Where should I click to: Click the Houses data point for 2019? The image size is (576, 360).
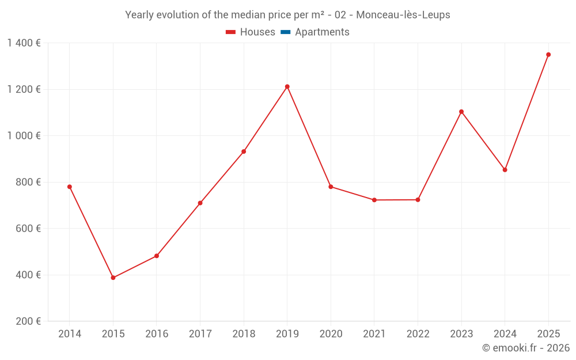click(287, 87)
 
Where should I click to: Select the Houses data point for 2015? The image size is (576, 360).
click(113, 278)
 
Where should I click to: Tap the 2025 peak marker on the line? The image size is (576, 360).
click(548, 55)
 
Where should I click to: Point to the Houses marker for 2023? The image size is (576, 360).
click(461, 112)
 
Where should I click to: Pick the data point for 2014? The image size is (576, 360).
click(70, 187)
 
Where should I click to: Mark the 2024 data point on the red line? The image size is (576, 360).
click(505, 170)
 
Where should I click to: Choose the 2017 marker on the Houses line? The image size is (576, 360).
click(200, 203)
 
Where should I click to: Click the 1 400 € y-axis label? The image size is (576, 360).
click(24, 43)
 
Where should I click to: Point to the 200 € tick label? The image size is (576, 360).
click(29, 321)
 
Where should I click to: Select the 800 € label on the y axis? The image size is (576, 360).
click(29, 182)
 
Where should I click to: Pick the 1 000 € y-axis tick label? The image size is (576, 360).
click(24, 136)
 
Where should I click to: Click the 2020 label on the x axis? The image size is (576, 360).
click(331, 334)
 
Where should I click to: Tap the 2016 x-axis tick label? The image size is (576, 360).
click(157, 334)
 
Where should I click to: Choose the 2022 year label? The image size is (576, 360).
click(418, 334)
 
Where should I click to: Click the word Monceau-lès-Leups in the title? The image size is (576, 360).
click(403, 15)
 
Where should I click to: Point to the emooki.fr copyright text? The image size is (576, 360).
click(526, 348)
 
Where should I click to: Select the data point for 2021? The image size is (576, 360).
click(374, 200)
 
